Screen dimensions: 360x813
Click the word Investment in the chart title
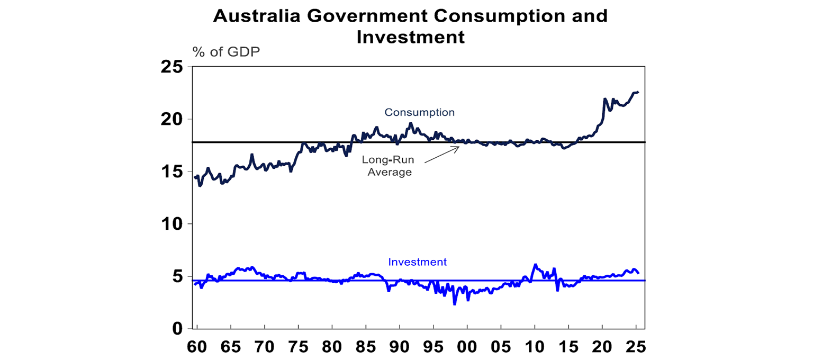tap(410, 37)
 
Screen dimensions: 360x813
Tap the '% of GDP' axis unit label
tap(226, 52)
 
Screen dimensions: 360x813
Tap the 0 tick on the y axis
tap(176, 329)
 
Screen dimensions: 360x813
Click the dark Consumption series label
tap(419, 112)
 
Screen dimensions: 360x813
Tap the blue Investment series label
tap(417, 262)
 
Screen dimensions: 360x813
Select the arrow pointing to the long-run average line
tap(442, 157)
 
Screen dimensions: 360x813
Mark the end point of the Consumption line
tap(638, 92)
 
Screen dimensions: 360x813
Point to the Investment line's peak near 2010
tap(535, 264)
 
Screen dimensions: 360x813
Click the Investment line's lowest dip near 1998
tap(454, 304)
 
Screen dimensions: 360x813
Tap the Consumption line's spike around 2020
tap(604, 99)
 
